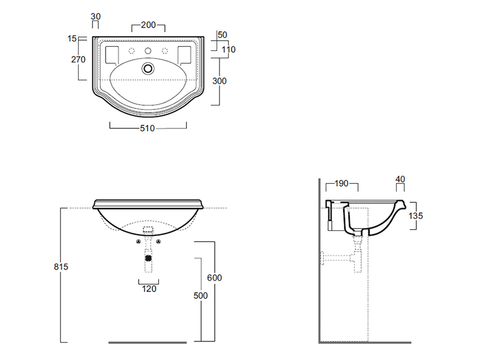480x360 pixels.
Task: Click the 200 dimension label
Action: (148, 25)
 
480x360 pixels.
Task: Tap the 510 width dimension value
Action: (148, 128)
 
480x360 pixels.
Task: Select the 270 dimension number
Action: (79, 59)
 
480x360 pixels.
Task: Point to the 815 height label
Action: (61, 266)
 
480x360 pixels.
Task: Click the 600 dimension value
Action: (214, 278)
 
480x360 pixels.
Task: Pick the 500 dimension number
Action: (200, 295)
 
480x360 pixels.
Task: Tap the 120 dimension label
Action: (149, 289)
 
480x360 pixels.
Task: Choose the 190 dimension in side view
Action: (341, 184)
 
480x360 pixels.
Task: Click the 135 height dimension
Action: (415, 216)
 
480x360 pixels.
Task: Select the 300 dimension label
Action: (220, 81)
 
